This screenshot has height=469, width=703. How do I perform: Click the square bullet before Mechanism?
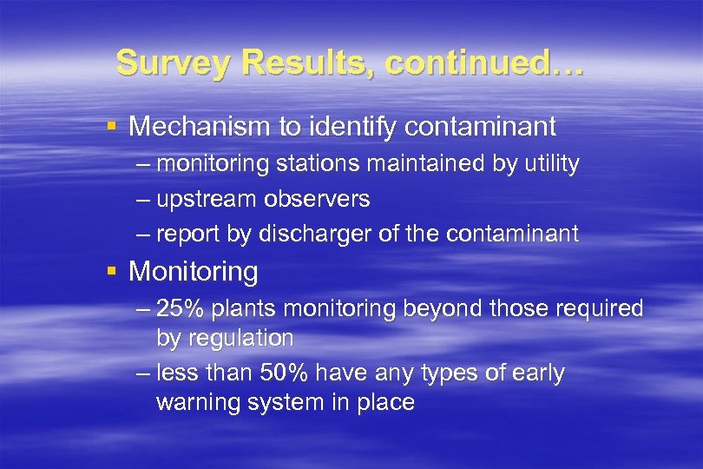click(x=110, y=127)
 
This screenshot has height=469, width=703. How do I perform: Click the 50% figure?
click(x=286, y=373)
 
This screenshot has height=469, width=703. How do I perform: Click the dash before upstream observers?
click(x=143, y=199)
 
